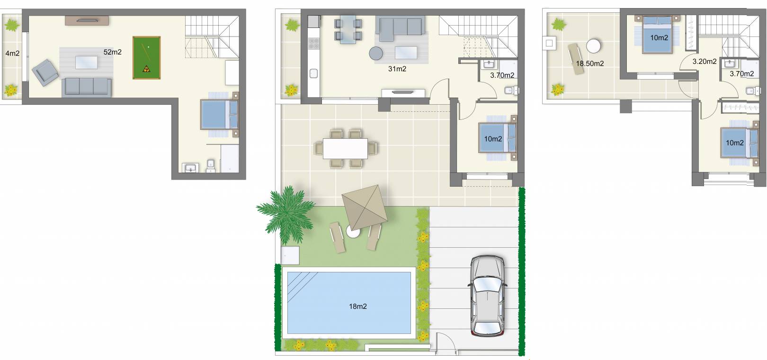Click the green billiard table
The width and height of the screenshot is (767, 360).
[x=147, y=57]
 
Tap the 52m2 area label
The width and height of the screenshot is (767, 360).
[x=112, y=52]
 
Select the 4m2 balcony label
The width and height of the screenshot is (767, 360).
[x=12, y=54]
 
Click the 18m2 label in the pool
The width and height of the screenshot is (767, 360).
[x=358, y=306]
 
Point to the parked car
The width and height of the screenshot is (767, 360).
[x=488, y=295]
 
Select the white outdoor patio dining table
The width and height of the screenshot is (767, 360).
[x=345, y=148]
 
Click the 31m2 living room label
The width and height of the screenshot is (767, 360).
[x=397, y=69]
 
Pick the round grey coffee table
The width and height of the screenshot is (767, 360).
[x=376, y=53]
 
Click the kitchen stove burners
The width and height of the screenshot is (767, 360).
[x=313, y=44]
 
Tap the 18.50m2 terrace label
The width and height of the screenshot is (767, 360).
[x=589, y=63]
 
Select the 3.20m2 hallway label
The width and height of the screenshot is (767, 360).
[x=705, y=62]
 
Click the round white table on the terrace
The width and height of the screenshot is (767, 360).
[x=593, y=46]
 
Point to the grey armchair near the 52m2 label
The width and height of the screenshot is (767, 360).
[x=45, y=72]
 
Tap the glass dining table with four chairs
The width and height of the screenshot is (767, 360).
[x=348, y=30]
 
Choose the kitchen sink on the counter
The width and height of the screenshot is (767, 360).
[x=313, y=73]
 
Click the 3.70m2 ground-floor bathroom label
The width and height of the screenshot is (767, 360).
[x=502, y=75]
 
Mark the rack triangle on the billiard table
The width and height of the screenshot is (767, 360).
[x=146, y=69]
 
